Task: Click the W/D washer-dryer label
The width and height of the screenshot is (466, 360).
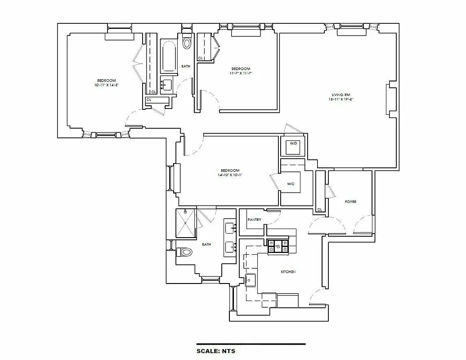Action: pyautogui.click(x=293, y=144)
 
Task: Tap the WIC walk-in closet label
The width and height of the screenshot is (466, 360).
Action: pyautogui.click(x=290, y=184)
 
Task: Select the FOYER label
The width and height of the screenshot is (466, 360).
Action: pyautogui.click(x=350, y=202)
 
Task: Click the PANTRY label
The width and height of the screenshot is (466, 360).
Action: pyautogui.click(x=255, y=220)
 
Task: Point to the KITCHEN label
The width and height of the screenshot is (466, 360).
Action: pyautogui.click(x=288, y=272)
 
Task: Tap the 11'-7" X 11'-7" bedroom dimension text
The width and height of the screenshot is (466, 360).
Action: pyautogui.click(x=241, y=73)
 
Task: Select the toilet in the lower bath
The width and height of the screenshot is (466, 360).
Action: pyautogui.click(x=184, y=252)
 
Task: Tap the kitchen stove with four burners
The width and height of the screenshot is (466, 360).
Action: pyautogui.click(x=278, y=247)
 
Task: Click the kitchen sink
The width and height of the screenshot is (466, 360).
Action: pyautogui.click(x=250, y=280)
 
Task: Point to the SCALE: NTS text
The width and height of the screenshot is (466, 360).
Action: pyautogui.click(x=216, y=351)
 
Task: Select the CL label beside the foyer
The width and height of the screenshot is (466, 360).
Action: pyautogui.click(x=319, y=209)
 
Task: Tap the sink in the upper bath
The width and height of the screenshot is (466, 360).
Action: pyautogui.click(x=166, y=83)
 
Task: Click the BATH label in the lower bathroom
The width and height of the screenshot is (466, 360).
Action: pyautogui.click(x=206, y=244)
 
